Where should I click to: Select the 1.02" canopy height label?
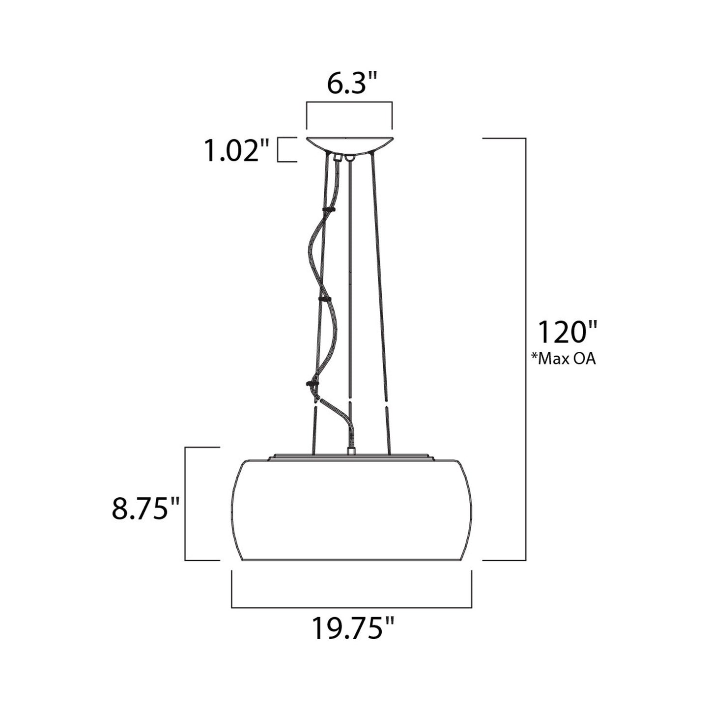pos(237,151)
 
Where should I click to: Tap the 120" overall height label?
pos(566,332)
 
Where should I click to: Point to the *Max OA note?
pos(563,359)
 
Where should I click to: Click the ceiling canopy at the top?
pos(349,145)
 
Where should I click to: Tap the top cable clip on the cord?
pos(326,210)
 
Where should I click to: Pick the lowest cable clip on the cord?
pos(311,383)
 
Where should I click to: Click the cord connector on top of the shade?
pos(351,450)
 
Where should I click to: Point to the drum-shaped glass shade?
pos(351,511)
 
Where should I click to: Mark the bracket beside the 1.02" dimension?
pos(287,150)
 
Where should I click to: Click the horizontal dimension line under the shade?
pos(351,607)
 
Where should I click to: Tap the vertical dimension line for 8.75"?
pos(185,504)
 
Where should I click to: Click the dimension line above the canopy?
pos(349,102)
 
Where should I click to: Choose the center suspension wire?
pos(350,295)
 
